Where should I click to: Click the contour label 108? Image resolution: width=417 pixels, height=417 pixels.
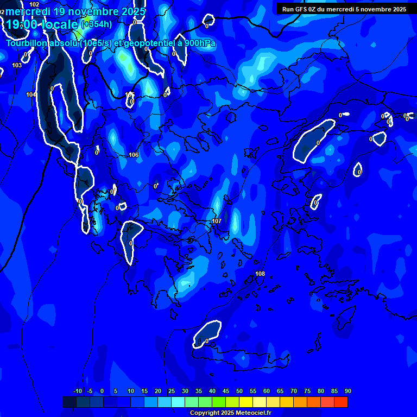coord(260,274)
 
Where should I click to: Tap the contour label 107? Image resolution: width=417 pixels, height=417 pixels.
coord(217,221)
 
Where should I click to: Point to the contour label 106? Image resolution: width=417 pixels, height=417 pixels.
coord(134,155)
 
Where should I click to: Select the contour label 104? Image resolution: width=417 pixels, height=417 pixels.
coord(31,94)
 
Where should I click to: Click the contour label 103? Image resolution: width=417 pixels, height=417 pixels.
coord(17,65)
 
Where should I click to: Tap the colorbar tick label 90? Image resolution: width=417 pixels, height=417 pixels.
coord(347,391)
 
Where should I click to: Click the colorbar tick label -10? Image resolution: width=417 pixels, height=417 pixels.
coord(77,391)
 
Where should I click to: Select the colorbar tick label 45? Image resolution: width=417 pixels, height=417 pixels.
coord(225,391)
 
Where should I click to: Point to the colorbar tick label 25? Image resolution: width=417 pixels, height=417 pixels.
coord(171,391)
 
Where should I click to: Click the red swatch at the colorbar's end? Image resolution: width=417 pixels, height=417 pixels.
coord(341,402)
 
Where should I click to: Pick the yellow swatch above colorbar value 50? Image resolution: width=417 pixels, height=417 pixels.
coord(246,402)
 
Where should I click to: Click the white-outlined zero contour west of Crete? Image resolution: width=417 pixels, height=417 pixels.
coord(207,334)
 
